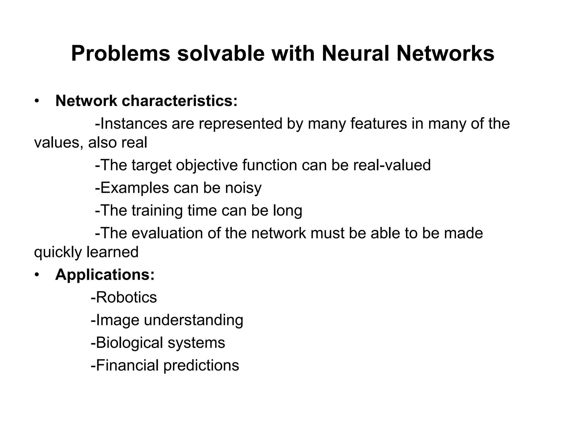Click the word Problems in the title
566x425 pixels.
(120, 54)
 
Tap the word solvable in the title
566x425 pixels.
(221, 54)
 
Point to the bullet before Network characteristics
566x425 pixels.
(37, 101)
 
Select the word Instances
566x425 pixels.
(133, 123)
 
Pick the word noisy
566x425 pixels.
(243, 188)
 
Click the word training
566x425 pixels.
(157, 211)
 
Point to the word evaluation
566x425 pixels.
(167, 233)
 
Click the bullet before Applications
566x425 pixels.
(37, 275)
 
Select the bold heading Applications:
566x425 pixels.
(105, 275)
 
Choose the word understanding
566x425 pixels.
(193, 320)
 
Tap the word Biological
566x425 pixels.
(129, 343)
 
